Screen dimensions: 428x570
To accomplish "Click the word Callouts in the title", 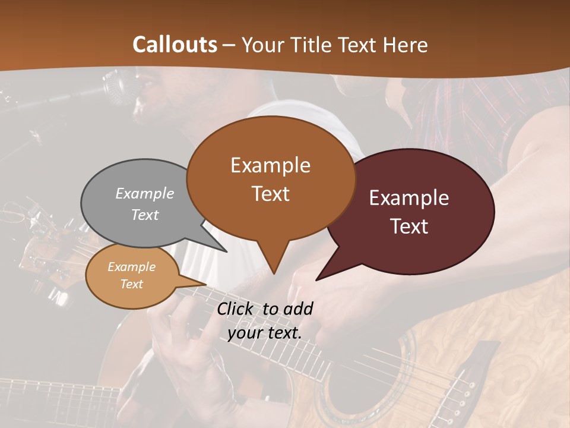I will [x=175, y=45].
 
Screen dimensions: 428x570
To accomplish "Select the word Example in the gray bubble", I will [x=145, y=193].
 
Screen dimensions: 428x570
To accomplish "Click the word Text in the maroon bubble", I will [x=410, y=226].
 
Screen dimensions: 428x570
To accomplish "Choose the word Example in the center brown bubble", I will [x=270, y=165].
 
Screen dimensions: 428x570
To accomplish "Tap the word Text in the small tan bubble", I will [x=132, y=284].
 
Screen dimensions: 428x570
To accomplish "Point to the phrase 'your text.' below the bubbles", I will [x=264, y=333].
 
